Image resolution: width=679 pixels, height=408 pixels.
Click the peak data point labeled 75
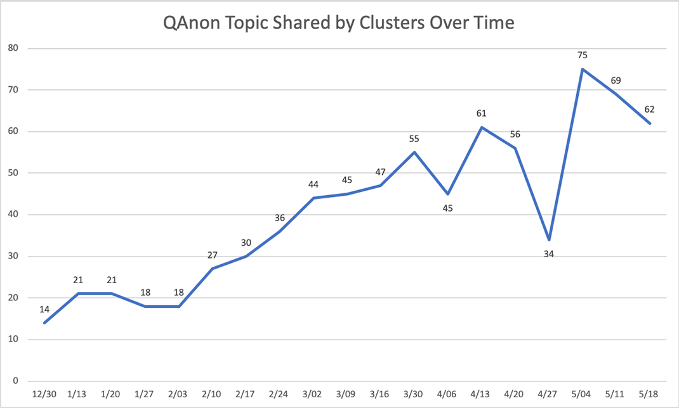point(582,69)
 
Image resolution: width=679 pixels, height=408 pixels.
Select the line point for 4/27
point(548,239)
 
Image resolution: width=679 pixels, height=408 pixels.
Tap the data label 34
point(548,254)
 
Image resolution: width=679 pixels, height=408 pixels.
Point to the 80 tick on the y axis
point(13,48)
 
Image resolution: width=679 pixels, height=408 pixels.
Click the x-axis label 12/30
point(44,394)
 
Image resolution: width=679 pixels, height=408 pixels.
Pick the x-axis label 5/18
point(649,394)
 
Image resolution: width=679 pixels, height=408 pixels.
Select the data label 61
point(482,113)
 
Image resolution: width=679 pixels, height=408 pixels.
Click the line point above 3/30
point(414,152)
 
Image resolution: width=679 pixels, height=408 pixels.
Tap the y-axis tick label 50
point(13,173)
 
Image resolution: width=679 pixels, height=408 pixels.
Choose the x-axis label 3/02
point(313,394)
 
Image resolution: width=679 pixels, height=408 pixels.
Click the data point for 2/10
point(213,269)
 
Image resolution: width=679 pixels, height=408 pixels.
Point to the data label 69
point(615,80)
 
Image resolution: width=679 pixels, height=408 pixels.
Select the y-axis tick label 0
point(15,381)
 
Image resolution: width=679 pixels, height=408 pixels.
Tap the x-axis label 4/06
point(448,394)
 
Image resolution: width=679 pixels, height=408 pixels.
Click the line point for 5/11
point(616,94)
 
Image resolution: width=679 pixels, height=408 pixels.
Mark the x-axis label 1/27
point(145,394)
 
